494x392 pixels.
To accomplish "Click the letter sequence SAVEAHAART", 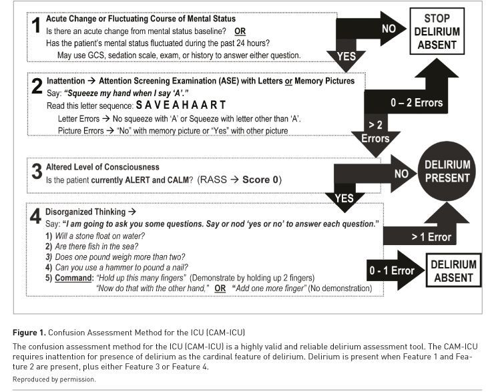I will [181, 105].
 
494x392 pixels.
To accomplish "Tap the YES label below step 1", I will [346, 57].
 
